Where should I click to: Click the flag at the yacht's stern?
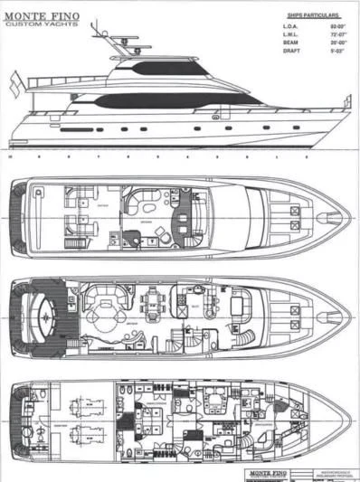coord(14,86)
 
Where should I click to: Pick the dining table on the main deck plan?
coord(154,305)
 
